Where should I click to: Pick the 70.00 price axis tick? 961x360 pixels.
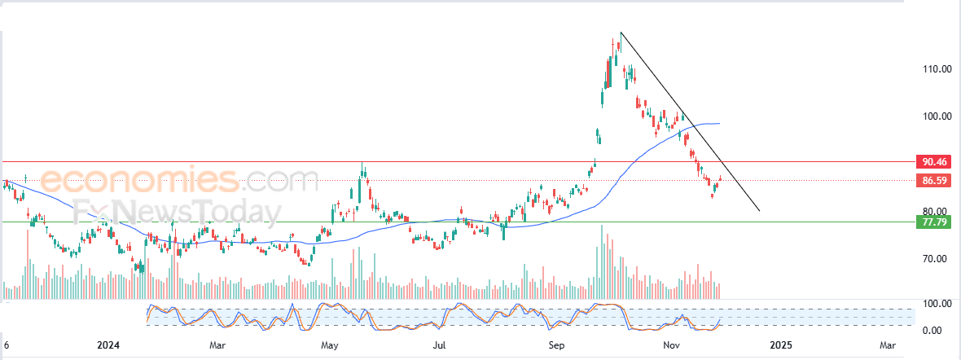pos(933,259)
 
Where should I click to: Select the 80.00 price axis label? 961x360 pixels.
pos(933,212)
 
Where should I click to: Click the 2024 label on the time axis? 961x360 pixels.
pos(108,345)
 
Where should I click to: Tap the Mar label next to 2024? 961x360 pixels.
pos(217,345)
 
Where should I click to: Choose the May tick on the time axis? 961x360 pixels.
pos(329,345)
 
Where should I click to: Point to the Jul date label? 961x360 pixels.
pos(440,345)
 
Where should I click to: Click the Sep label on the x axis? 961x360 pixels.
pos(557,345)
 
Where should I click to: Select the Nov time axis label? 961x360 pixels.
pos(671,345)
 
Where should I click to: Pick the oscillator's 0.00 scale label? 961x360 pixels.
pos(933,330)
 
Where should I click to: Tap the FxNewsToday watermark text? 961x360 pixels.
pos(175,212)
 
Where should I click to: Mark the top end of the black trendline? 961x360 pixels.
pos(621,33)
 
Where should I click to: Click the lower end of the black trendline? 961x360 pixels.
pos(759,211)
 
